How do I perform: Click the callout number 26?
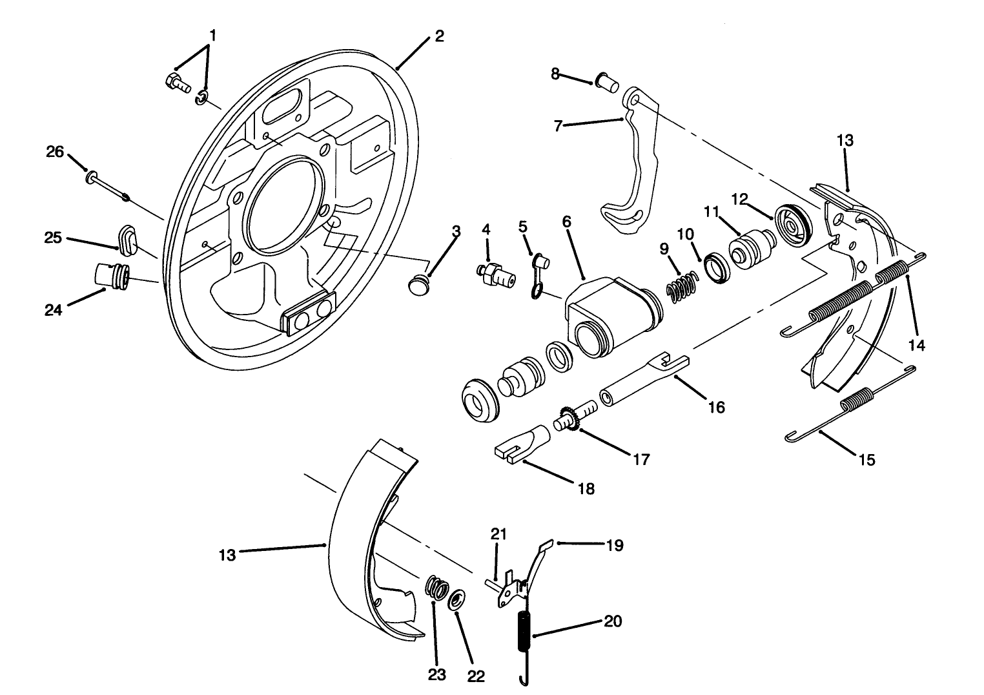(x=56, y=152)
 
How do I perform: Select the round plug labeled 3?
(x=420, y=284)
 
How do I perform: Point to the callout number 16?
(x=716, y=407)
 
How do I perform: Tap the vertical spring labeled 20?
(x=524, y=630)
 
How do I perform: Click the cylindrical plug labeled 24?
(x=112, y=275)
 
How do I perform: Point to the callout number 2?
(x=439, y=36)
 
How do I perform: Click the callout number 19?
(x=615, y=545)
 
